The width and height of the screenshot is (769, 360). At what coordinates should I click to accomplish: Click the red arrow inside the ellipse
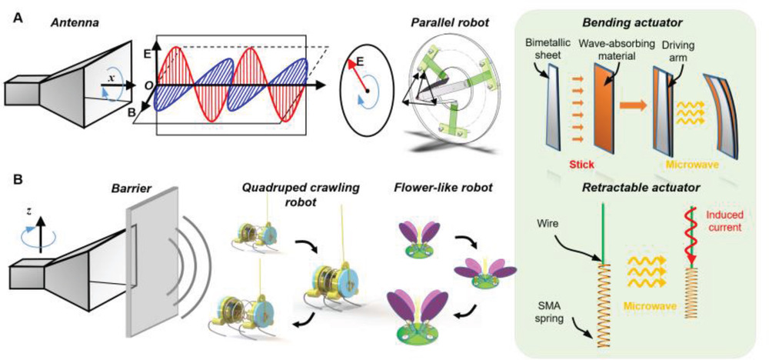tap(358, 73)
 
